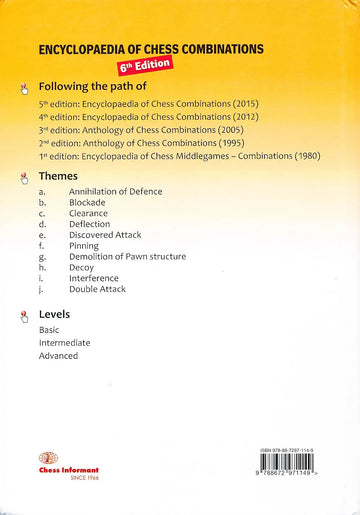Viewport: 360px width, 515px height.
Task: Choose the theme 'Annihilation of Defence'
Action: pos(115,191)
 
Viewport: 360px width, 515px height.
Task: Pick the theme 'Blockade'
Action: pos(87,202)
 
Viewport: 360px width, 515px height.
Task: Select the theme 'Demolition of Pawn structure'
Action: pos(127,257)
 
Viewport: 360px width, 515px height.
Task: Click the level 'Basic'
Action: pos(49,329)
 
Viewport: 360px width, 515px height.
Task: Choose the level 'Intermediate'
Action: pos(64,342)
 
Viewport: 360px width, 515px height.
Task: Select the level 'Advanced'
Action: pos(58,355)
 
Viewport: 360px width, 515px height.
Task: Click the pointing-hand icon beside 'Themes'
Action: pos(24,177)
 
